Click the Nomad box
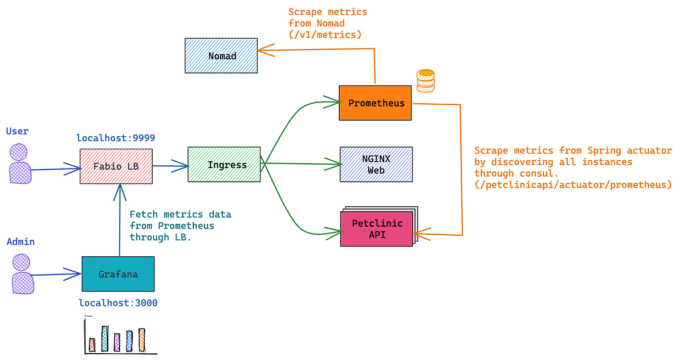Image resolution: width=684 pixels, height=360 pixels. (221, 56)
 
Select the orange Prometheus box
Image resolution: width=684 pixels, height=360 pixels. (375, 103)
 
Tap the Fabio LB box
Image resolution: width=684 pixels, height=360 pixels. (116, 166)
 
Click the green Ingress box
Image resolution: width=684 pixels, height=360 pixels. (224, 165)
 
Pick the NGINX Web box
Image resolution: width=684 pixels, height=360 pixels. (376, 164)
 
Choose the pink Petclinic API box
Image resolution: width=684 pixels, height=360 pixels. (376, 228)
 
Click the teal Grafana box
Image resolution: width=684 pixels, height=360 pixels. (118, 274)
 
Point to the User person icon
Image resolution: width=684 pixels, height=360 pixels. (19, 164)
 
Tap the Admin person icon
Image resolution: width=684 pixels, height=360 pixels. (22, 274)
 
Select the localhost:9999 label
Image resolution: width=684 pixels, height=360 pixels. (116, 138)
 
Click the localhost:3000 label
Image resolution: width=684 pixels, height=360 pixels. (118, 303)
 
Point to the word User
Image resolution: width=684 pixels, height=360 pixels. (17, 131)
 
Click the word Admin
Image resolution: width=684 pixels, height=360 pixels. (21, 242)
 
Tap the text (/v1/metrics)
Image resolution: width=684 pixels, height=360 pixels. (325, 35)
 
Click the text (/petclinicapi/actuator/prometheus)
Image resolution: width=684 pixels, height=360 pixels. (573, 185)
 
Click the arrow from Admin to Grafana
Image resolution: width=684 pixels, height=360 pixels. (56, 275)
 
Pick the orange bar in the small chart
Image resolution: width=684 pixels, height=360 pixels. (142, 339)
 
